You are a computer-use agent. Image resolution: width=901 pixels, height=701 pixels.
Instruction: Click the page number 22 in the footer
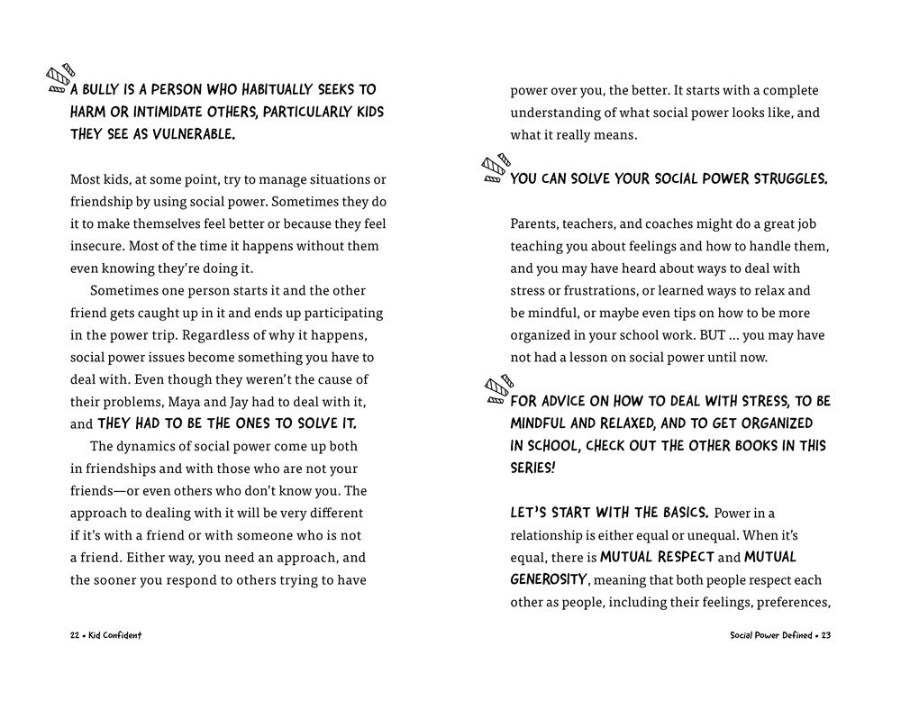pyautogui.click(x=75, y=635)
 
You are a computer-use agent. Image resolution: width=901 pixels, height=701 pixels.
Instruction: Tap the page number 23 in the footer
pyautogui.click(x=825, y=635)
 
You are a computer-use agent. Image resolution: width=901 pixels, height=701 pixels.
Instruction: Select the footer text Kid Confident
pyautogui.click(x=115, y=635)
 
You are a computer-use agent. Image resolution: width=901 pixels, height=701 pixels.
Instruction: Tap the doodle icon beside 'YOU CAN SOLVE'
pyautogui.click(x=496, y=168)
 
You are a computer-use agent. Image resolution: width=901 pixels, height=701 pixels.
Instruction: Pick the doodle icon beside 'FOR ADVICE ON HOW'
pyautogui.click(x=496, y=387)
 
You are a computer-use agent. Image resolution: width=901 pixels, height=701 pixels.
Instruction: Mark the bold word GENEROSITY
pyautogui.click(x=549, y=579)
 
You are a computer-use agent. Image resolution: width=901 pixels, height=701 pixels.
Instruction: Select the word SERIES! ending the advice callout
pyautogui.click(x=532, y=469)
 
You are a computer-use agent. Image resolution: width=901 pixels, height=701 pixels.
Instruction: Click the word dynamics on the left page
pyautogui.click(x=146, y=446)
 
